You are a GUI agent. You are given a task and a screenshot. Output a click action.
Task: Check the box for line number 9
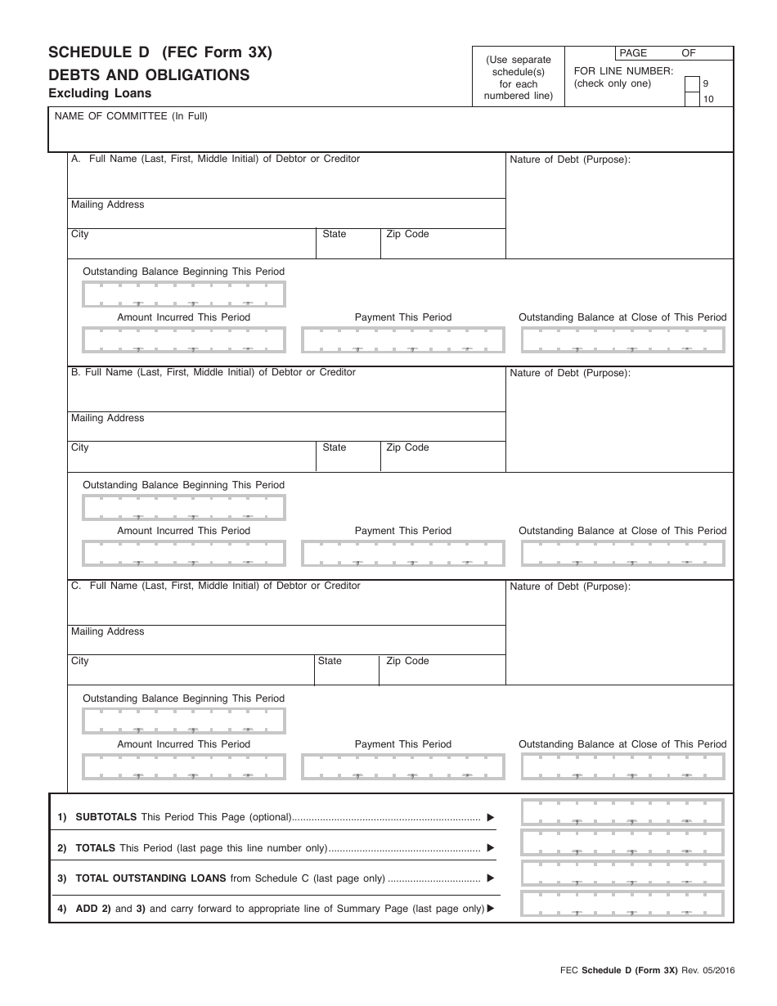(691, 83)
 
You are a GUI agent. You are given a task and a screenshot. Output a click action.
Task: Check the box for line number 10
(691, 99)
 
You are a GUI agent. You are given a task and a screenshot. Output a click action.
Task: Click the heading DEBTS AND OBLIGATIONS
(149, 74)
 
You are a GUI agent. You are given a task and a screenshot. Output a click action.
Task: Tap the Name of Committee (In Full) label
(131, 116)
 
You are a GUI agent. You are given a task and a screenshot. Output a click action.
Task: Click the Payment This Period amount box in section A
(403, 339)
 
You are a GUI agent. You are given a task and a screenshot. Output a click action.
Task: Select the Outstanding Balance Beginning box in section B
(184, 508)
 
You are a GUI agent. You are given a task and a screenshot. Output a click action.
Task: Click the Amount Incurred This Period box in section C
(184, 766)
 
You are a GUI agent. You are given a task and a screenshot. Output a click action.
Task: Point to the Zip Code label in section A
(407, 234)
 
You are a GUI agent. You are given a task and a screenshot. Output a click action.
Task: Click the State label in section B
(335, 447)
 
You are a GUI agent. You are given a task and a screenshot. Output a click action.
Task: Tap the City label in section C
(79, 661)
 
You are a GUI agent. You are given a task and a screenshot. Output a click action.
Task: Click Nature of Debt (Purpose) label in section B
(570, 373)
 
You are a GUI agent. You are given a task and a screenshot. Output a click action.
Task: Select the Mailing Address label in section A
(107, 204)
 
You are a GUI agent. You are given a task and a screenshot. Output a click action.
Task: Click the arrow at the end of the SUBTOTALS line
(491, 817)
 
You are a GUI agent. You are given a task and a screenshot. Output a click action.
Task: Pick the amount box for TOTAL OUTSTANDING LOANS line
(622, 873)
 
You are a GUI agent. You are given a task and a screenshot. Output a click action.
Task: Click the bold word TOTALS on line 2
(95, 848)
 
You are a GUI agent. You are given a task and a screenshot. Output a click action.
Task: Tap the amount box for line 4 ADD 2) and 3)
(622, 904)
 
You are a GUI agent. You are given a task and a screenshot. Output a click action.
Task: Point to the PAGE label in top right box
(633, 53)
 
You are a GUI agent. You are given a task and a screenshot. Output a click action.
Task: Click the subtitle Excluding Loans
(100, 93)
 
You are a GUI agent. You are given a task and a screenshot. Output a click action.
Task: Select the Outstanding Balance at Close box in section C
(622, 766)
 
